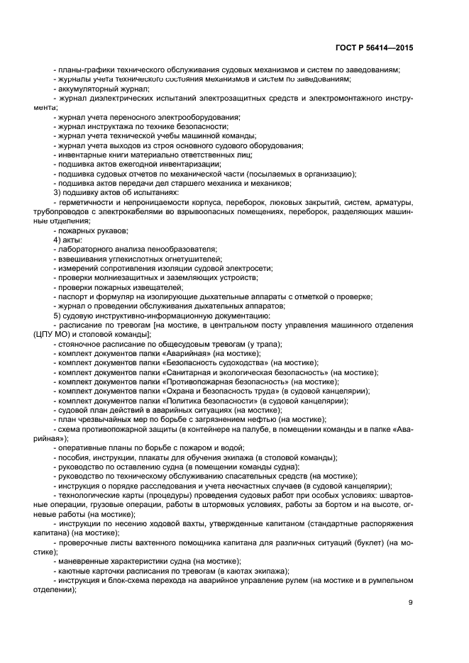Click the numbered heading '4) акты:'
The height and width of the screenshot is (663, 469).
coord(69,240)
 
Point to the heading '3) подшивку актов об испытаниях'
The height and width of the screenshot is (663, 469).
coord(116,192)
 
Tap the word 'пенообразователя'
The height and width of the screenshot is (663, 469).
coord(183,249)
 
